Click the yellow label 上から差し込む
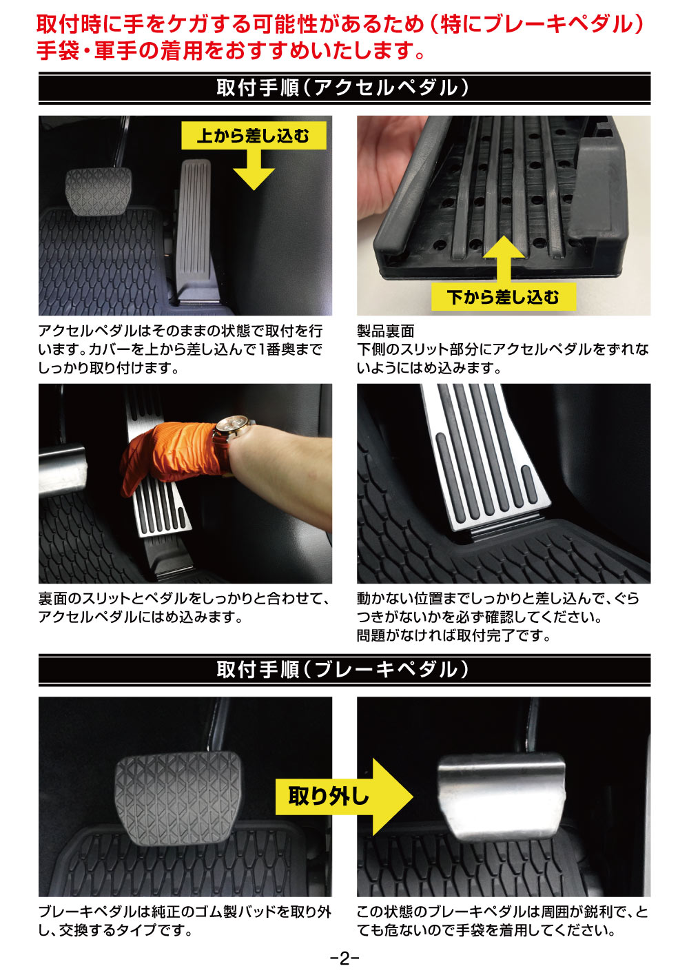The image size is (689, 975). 254,135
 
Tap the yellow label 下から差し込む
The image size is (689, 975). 503,297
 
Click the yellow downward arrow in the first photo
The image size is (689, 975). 254,170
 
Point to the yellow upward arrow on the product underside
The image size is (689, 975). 504,260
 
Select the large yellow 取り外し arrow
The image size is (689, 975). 344,797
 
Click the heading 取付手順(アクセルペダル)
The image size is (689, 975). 344,88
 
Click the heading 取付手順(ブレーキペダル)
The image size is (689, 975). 344,670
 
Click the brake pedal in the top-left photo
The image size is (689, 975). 99,192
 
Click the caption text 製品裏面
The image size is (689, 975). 385,331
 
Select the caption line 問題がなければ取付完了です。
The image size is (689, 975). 454,636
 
